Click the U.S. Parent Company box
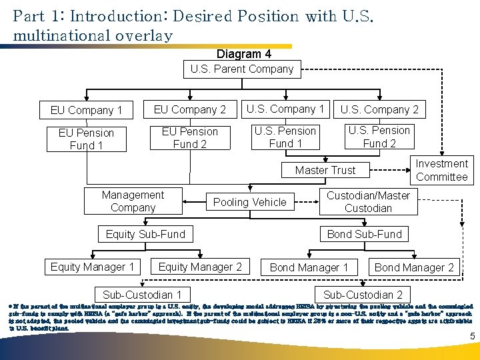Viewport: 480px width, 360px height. point(241,69)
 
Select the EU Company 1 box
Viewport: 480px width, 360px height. point(86,110)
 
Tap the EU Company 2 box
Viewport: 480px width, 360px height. point(189,109)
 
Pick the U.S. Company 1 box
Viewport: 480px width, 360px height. point(285,109)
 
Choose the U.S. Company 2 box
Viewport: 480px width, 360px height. point(379,109)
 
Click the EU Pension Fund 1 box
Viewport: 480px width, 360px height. point(86,139)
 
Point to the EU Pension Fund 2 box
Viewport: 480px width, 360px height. point(189,137)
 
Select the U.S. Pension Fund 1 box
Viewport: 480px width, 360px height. point(285,137)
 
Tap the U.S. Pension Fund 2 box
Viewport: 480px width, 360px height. point(379,136)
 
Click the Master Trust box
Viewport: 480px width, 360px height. point(325,170)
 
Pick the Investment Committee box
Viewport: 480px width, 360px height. point(441,170)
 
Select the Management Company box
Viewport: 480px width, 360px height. point(133,201)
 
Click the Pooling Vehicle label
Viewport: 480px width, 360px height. point(249,202)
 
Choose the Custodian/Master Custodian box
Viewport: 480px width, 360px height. point(368,201)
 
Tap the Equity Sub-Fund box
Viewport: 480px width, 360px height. point(145,234)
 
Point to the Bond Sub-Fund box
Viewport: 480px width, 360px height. point(364,234)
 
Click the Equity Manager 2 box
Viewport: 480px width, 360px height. point(200,267)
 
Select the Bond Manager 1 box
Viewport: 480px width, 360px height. point(309,267)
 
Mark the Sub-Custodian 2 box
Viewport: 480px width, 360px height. point(363,295)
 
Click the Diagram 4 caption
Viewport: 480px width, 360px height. point(243,54)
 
